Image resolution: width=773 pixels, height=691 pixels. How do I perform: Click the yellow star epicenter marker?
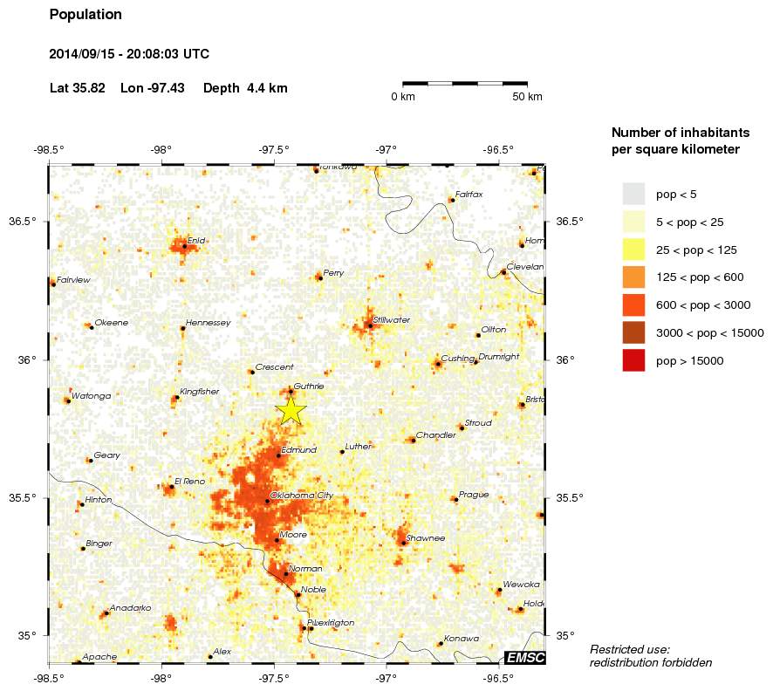point(291,409)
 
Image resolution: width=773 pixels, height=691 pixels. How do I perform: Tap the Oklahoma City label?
point(302,496)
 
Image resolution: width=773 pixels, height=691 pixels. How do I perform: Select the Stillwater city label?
point(391,320)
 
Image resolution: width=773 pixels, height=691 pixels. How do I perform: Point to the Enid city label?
point(196,240)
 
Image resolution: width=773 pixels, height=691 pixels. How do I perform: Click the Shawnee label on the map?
point(426,538)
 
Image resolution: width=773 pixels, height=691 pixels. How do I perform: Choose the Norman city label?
point(304,569)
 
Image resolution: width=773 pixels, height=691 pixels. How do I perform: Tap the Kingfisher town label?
point(199,392)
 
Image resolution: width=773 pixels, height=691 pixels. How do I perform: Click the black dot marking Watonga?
point(66,400)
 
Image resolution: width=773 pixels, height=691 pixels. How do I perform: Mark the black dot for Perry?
point(318,277)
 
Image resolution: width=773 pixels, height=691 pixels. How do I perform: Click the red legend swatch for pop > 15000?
point(633,360)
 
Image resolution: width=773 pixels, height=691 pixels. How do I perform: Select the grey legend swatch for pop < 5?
point(633,194)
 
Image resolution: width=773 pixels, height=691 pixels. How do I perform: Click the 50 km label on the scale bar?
point(528,96)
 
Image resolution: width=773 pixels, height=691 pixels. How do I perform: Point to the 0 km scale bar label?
point(402,96)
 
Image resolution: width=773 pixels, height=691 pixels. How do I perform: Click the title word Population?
point(86,15)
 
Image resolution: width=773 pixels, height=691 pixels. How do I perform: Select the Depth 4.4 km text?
point(245,88)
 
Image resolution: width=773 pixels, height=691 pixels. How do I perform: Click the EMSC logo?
point(525,657)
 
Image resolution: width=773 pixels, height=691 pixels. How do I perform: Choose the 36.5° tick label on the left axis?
point(23,222)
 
